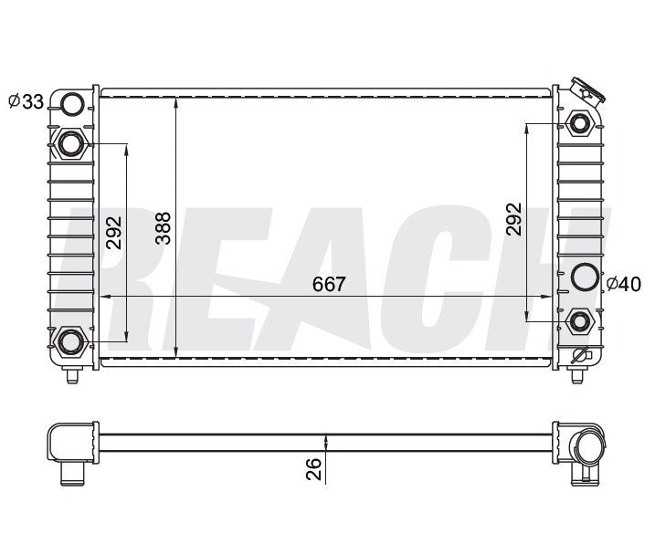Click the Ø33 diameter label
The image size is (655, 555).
(x=26, y=102)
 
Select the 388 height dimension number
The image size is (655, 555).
(x=163, y=228)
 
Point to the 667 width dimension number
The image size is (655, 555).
(x=330, y=284)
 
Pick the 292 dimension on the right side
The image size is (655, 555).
(x=513, y=220)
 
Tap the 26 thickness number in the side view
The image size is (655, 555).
(x=313, y=468)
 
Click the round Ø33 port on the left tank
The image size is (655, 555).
(x=72, y=105)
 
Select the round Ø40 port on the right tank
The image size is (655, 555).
(x=583, y=276)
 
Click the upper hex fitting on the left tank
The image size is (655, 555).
(x=71, y=143)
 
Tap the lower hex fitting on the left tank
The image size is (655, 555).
(x=70, y=342)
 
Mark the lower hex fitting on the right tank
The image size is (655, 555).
(x=580, y=319)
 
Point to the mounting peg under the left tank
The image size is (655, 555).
(x=73, y=374)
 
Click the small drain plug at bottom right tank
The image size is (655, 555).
(x=579, y=355)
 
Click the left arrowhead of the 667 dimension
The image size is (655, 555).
(x=104, y=296)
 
